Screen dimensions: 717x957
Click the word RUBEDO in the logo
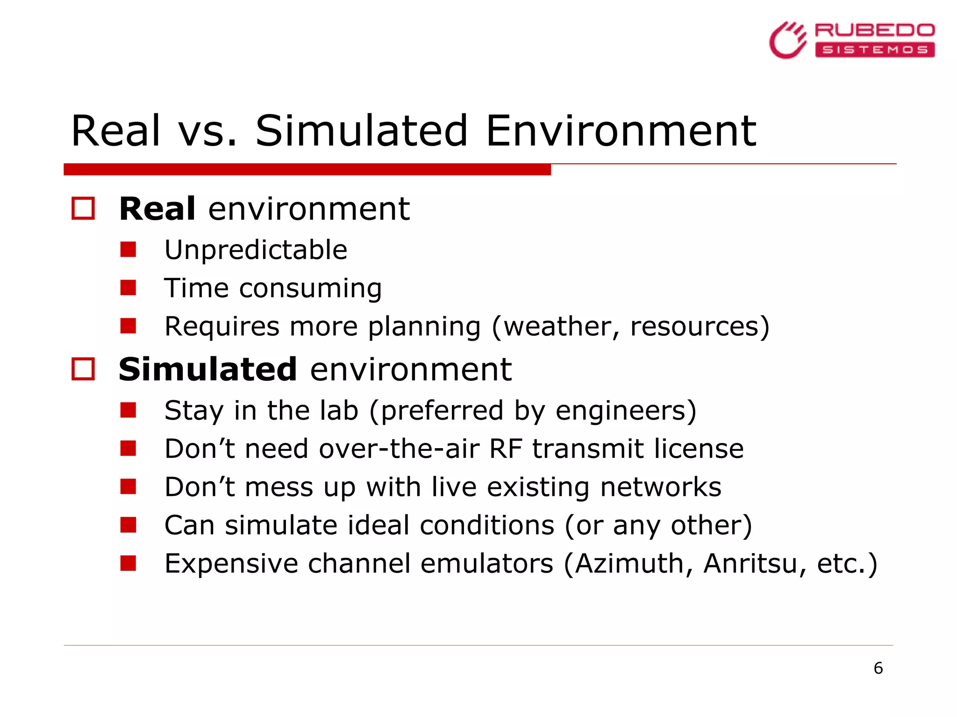click(x=874, y=31)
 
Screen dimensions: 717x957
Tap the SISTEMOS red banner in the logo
click(x=875, y=50)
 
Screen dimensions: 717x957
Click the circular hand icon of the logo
click(x=788, y=41)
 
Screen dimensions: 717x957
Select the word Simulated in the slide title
click(x=361, y=131)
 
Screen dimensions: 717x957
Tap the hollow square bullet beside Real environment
click(x=83, y=208)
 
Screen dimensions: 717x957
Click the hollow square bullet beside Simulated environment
click(x=83, y=369)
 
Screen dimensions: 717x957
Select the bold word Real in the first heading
click(x=157, y=209)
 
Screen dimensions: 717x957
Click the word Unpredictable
click(x=256, y=250)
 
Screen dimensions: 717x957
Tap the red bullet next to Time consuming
click(x=128, y=288)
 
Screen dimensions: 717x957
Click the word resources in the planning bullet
click(x=694, y=326)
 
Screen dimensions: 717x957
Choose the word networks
click(x=661, y=487)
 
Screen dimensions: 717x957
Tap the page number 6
click(x=878, y=668)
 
